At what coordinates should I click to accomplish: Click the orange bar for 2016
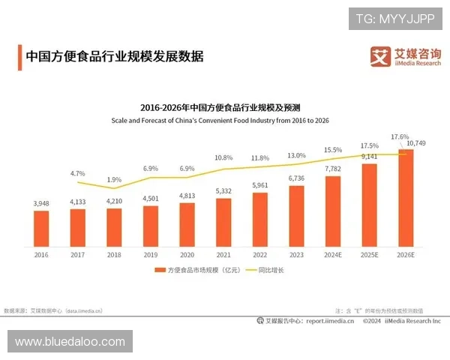point(41,232)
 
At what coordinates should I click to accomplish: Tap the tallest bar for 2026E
point(405,202)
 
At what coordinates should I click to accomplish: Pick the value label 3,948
point(41,203)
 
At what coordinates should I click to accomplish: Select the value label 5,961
point(259,185)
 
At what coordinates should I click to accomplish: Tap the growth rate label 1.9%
point(114,179)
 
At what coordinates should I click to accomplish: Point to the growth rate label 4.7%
point(78,173)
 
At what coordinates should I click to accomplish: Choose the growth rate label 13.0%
point(296,155)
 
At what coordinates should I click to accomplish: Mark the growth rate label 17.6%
point(400,137)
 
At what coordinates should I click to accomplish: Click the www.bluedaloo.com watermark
point(70,342)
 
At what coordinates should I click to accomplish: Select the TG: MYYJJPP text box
point(394,19)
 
